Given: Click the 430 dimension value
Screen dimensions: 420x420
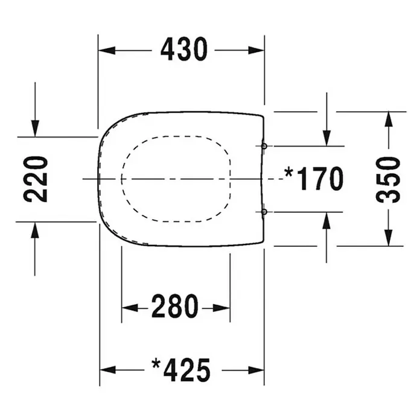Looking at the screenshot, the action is click(x=183, y=49).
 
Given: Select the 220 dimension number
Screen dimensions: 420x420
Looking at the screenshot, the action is click(x=36, y=179).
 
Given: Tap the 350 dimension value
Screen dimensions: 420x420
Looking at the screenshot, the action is click(x=388, y=180).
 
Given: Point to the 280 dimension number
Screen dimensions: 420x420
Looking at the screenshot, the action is click(x=174, y=306).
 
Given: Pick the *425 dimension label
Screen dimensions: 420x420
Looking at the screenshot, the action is click(x=181, y=370).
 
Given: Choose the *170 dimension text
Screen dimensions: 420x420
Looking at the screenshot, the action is click(x=314, y=179).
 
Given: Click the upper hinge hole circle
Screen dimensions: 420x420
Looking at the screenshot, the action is click(x=264, y=146).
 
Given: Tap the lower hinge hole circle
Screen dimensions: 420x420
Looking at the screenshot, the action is click(x=264, y=212).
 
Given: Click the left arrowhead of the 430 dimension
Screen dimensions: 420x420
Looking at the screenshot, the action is click(x=107, y=50).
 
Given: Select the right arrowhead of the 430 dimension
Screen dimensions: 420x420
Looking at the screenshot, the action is click(x=256, y=50).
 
